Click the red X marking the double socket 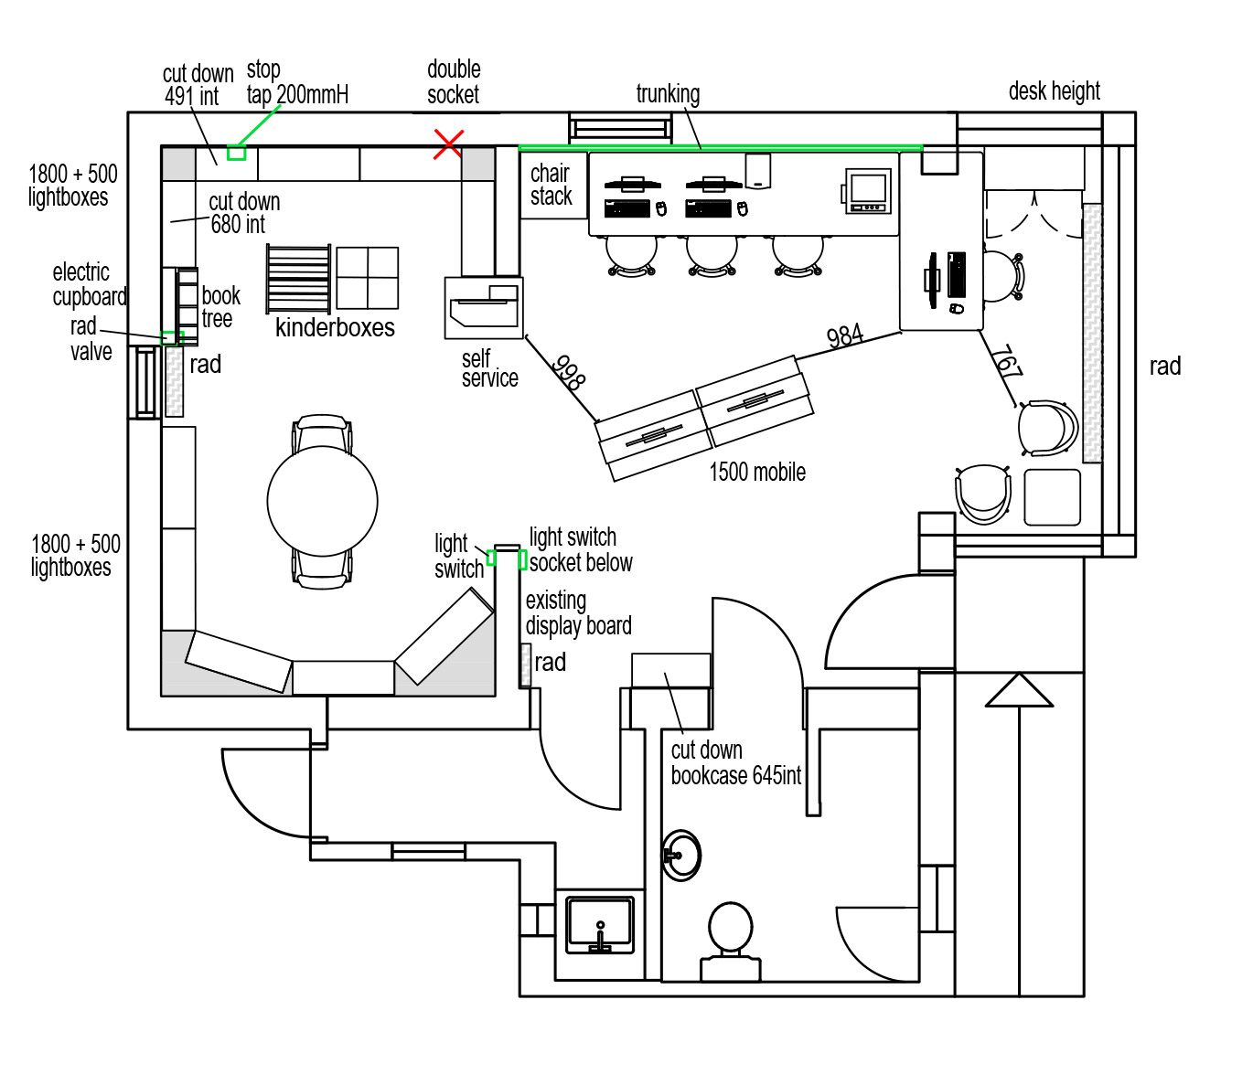(x=448, y=144)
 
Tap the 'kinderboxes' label (x=335, y=328)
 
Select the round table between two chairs (x=322, y=500)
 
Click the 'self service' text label (x=488, y=368)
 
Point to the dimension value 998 (x=569, y=372)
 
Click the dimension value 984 (x=845, y=336)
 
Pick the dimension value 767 (x=1006, y=362)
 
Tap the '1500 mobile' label (x=757, y=472)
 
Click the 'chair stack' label (x=551, y=185)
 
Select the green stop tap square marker (x=237, y=153)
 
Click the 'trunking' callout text (x=668, y=93)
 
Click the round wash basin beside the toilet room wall (x=681, y=855)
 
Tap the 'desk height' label (x=1054, y=91)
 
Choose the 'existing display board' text (x=578, y=613)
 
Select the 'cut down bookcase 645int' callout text (x=735, y=763)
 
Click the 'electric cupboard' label (x=89, y=284)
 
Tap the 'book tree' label (x=220, y=307)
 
